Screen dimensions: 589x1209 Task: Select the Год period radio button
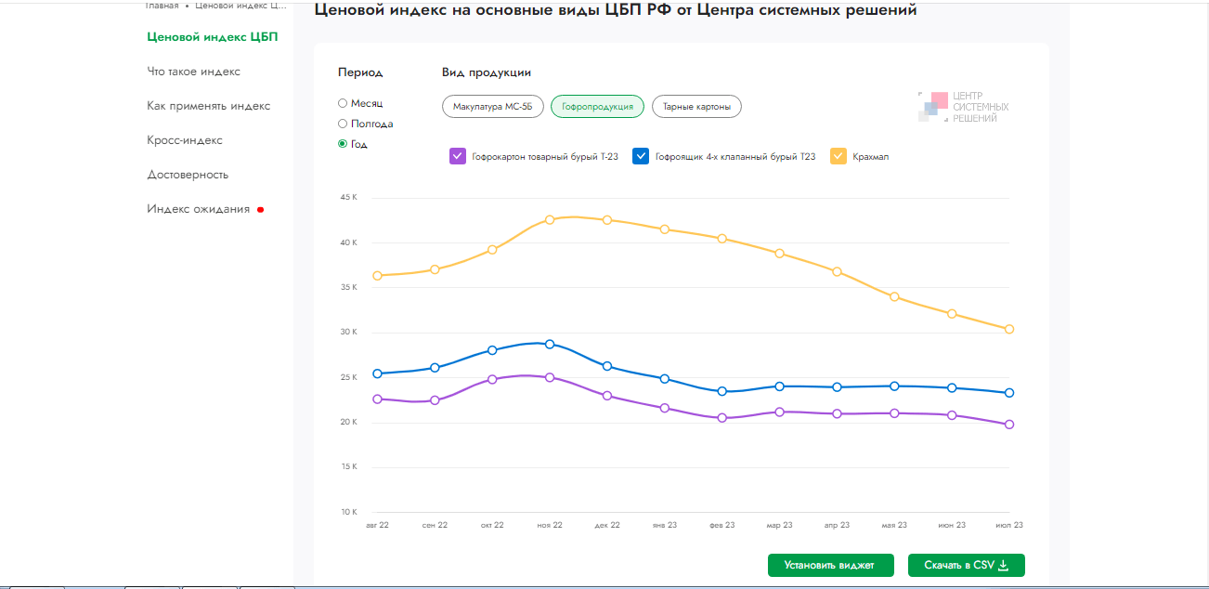click(343, 144)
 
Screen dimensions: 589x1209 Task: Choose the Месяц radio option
click(343, 103)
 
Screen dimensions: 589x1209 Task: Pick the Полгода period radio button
click(343, 124)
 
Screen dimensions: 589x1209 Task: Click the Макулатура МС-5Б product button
click(493, 107)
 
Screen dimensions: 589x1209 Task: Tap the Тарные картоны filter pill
click(696, 107)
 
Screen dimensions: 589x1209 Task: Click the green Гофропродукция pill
click(597, 107)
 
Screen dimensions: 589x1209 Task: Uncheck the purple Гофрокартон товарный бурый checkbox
click(457, 156)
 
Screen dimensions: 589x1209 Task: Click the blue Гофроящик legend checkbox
click(641, 156)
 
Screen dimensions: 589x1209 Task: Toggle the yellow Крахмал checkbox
click(838, 156)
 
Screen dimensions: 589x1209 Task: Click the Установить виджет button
click(831, 565)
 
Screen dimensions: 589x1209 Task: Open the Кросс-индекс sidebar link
click(185, 140)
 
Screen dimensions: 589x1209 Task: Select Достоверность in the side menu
click(188, 175)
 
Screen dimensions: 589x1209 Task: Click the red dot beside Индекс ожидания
click(260, 210)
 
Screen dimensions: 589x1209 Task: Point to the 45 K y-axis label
click(349, 198)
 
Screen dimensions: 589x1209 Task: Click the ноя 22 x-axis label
click(550, 525)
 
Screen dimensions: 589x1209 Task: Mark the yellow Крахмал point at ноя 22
click(550, 219)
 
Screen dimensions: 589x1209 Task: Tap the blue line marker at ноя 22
click(550, 344)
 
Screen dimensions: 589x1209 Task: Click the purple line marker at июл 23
click(1009, 425)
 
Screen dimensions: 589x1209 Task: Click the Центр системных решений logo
click(963, 107)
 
